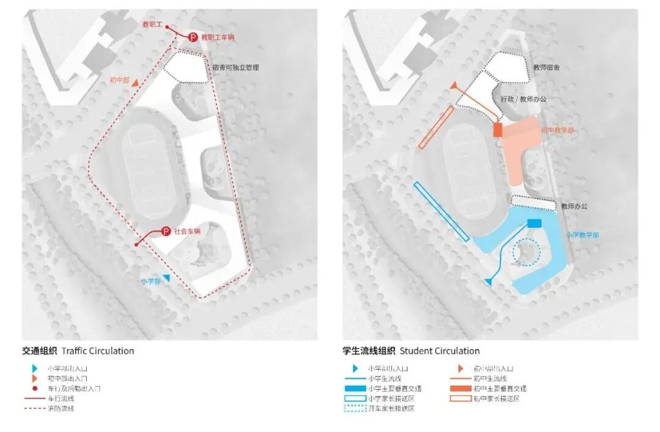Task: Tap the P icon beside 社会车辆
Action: click(166, 232)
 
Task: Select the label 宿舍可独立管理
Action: click(235, 67)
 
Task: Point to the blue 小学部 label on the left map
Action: click(150, 281)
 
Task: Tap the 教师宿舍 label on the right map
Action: click(546, 67)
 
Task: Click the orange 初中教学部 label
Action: click(558, 130)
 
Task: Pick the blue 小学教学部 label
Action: click(582, 235)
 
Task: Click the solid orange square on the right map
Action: click(497, 130)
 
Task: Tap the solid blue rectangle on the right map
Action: click(534, 224)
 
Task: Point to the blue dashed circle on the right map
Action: click(526, 252)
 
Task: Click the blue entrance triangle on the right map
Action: click(488, 282)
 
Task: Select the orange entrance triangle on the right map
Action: click(453, 86)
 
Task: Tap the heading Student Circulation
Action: click(439, 351)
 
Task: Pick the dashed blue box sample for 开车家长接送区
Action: click(354, 408)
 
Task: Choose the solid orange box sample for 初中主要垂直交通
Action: click(460, 389)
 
